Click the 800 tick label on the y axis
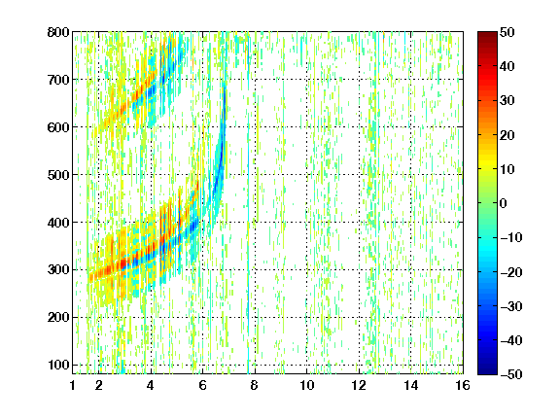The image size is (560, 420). tap(58, 32)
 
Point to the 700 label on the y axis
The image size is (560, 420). tap(58, 80)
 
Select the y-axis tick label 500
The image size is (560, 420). tap(58, 175)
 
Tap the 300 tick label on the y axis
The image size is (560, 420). tap(58, 269)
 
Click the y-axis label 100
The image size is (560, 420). tap(58, 365)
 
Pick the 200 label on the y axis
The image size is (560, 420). tap(58, 317)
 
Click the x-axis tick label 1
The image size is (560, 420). tap(73, 385)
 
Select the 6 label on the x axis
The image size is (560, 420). tap(202, 385)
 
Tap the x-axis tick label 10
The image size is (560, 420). tap(307, 385)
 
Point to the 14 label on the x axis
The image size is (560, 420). tap(411, 385)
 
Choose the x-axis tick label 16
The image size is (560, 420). tap(463, 385)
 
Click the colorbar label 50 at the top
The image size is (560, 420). tap(507, 32)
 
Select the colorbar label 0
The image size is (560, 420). tap(503, 203)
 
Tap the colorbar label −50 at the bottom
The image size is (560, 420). tap(511, 374)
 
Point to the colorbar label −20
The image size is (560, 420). tap(511, 272)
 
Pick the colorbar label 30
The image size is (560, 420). tap(507, 101)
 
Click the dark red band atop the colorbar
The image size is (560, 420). tap(487, 38)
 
